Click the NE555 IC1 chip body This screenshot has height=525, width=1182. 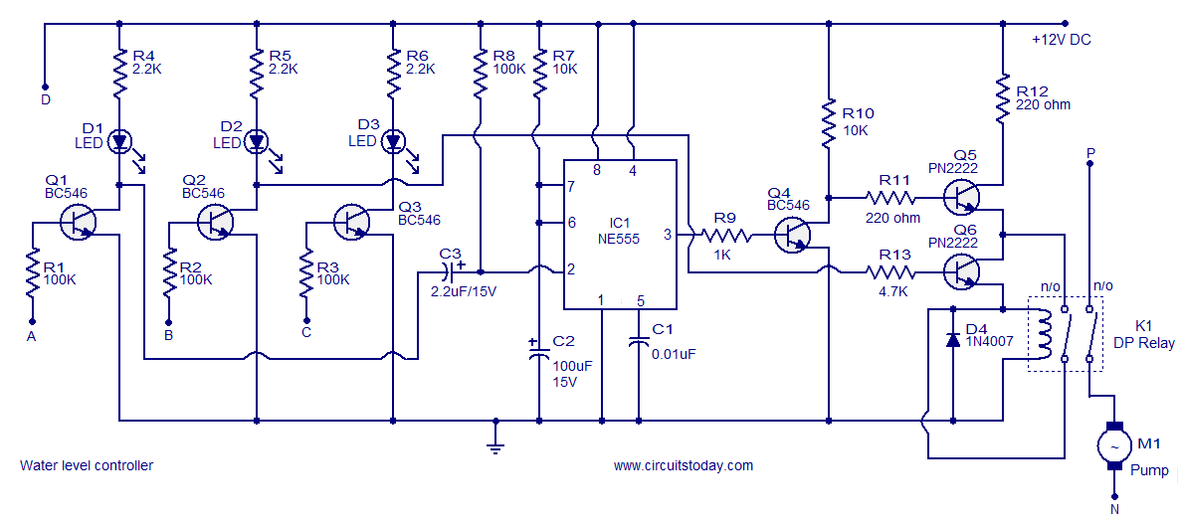(x=621, y=235)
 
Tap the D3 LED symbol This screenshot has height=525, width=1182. (x=395, y=141)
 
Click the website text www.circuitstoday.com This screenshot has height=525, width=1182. (x=683, y=465)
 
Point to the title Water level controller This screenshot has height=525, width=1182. (x=87, y=465)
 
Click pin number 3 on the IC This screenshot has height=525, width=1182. (x=668, y=235)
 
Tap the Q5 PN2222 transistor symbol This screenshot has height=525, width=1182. (x=962, y=200)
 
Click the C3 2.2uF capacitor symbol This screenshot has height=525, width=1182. (x=453, y=270)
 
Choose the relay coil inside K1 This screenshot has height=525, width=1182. (x=1044, y=334)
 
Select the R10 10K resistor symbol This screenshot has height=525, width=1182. (x=827, y=124)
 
